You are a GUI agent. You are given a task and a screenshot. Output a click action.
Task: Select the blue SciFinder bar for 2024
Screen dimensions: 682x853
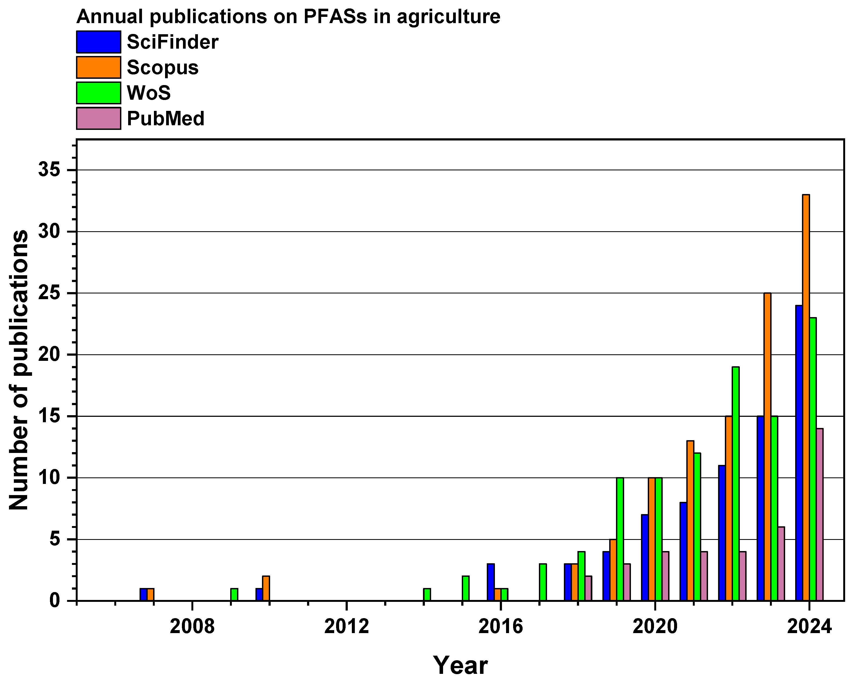point(799,453)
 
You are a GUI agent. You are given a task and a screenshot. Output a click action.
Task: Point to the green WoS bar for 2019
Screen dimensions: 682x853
point(620,539)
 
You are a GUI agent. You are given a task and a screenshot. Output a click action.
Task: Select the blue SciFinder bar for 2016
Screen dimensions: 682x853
point(491,582)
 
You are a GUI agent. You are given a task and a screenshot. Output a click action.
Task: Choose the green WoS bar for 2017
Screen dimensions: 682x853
point(543,582)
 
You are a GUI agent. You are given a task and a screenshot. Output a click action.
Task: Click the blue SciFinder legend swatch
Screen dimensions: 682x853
point(99,42)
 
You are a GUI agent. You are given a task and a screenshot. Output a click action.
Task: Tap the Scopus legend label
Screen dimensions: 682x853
point(163,68)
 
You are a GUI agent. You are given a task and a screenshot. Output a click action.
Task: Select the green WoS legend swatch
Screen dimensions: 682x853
point(99,93)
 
